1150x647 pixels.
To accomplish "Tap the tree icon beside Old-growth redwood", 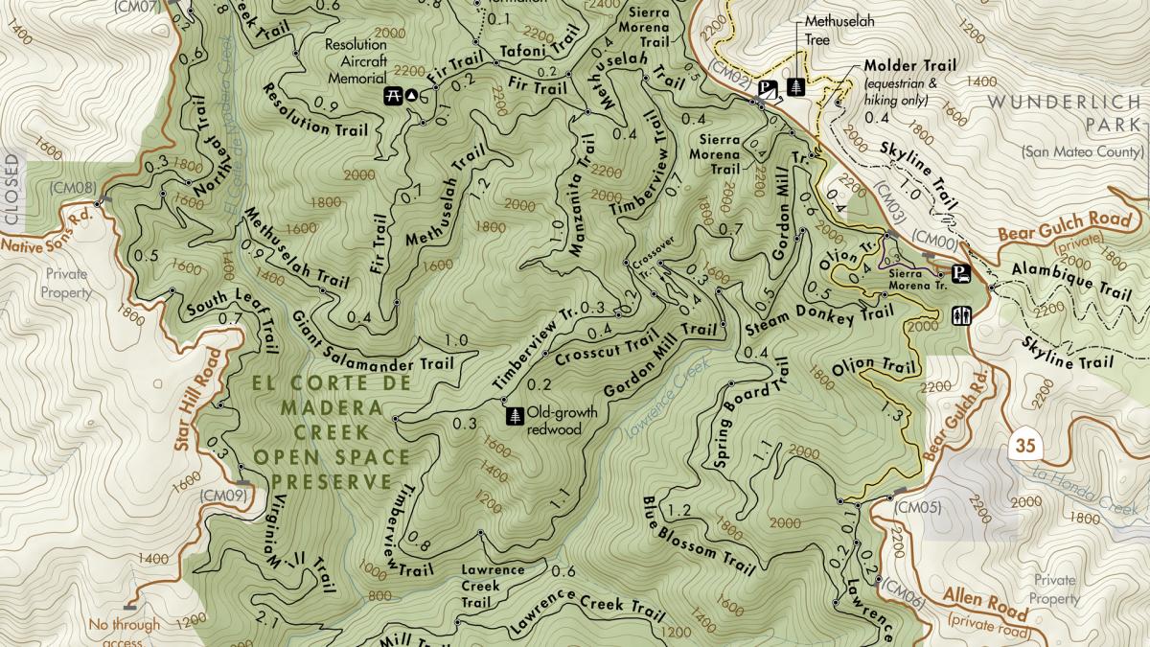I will tap(515, 417).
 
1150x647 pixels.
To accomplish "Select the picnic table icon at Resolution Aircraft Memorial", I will tap(393, 94).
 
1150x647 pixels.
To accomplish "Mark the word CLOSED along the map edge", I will tap(11, 190).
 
